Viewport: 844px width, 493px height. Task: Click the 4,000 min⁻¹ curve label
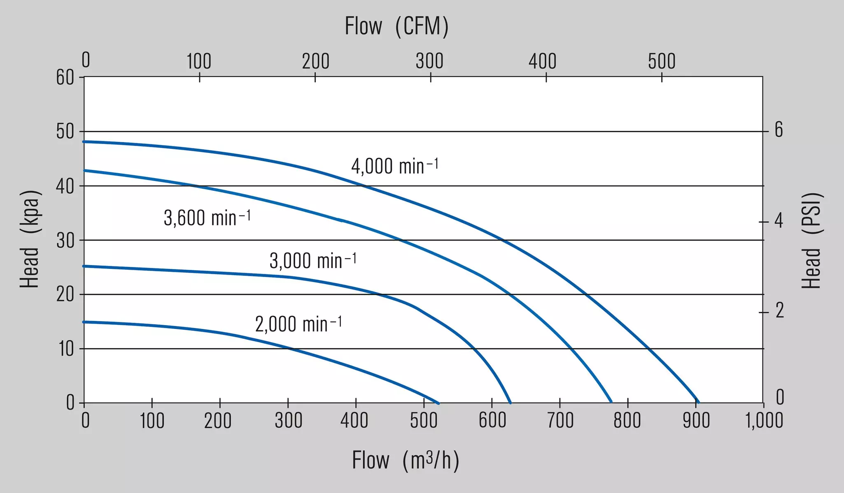(x=395, y=166)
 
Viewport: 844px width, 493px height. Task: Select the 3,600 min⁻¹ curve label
(x=207, y=217)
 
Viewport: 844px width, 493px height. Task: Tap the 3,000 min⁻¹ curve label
(x=313, y=260)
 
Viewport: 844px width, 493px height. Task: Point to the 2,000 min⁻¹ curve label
(x=298, y=324)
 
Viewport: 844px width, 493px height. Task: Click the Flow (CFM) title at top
(x=396, y=26)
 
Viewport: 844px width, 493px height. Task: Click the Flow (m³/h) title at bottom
(x=406, y=460)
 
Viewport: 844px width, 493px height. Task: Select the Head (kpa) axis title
(x=30, y=239)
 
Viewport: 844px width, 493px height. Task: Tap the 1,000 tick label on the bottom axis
(x=764, y=421)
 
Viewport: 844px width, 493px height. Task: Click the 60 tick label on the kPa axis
(x=65, y=77)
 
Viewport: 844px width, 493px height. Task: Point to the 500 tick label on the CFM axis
(x=662, y=61)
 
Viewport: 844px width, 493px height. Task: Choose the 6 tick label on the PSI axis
(x=779, y=130)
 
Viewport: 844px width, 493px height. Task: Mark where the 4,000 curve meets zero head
(x=698, y=403)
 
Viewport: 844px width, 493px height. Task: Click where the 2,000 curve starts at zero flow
(x=84, y=322)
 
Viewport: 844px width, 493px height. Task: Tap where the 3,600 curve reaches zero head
(x=611, y=402)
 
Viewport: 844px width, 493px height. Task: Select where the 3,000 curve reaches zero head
(x=511, y=403)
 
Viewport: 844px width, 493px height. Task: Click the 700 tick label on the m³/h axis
(x=560, y=421)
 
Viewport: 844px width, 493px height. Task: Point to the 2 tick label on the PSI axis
(x=779, y=311)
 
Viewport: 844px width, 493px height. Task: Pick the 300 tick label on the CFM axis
(x=429, y=61)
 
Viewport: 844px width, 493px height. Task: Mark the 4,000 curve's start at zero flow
(x=84, y=141)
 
